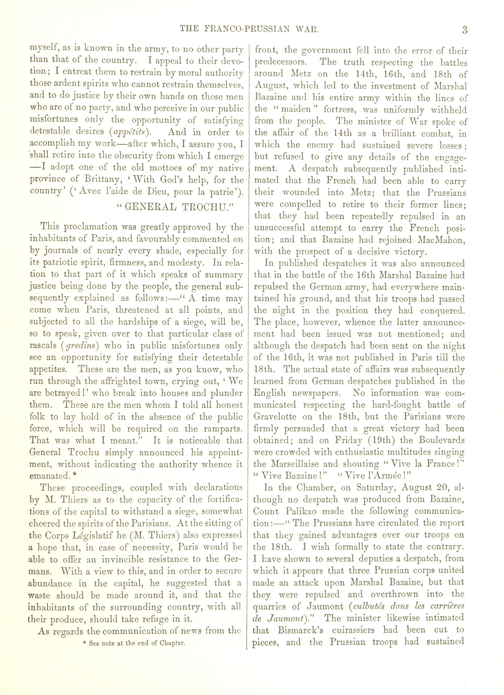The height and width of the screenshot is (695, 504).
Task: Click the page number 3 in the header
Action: [x=465, y=30]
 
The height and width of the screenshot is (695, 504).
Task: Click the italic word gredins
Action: [x=80, y=346]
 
